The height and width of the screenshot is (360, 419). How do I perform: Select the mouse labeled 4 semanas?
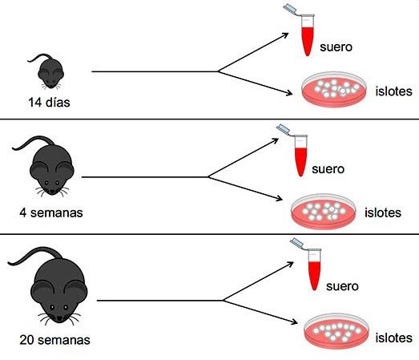click(50, 171)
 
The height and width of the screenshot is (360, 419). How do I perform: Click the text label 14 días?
click(49, 103)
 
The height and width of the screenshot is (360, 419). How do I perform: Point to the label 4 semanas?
click(51, 213)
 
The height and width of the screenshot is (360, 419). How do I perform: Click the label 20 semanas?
click(54, 340)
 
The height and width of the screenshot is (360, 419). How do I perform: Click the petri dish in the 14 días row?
click(334, 90)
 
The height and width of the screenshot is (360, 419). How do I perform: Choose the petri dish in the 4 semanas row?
click(324, 212)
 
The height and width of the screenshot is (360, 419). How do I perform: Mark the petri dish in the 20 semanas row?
click(336, 332)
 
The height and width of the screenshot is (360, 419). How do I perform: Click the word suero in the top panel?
click(336, 47)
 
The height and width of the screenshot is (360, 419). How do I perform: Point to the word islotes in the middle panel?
click(383, 213)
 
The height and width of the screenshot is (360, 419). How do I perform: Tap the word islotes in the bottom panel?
click(393, 338)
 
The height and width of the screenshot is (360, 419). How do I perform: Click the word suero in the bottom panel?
click(342, 286)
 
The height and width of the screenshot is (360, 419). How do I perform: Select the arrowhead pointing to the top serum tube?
click(285, 35)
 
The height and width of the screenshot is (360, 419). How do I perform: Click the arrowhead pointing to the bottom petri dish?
click(294, 322)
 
